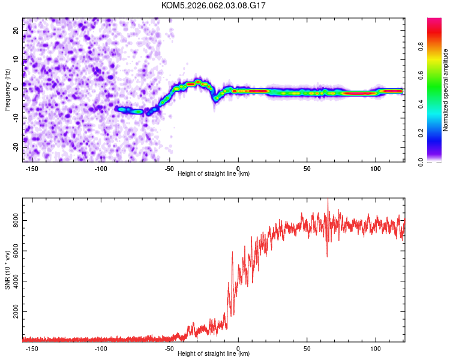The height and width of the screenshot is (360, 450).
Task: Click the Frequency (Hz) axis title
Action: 7,90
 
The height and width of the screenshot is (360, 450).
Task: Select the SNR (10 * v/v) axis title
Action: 7,270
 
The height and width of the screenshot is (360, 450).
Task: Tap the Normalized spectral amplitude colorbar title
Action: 446,90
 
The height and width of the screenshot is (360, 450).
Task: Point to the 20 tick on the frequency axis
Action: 17,32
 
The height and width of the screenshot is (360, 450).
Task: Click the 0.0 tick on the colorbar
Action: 437,161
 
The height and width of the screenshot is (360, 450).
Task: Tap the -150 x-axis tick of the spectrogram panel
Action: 32,167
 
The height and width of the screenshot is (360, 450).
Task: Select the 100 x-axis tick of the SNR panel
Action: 376,348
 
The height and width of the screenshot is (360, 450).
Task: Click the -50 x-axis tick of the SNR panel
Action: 170,348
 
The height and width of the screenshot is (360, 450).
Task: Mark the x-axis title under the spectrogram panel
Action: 214,174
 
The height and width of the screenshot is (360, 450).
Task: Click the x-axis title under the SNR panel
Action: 214,354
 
